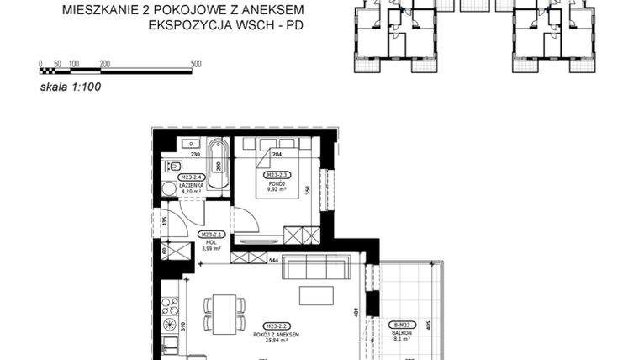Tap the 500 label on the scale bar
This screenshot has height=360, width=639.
click(x=196, y=63)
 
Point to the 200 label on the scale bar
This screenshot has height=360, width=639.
click(x=104, y=63)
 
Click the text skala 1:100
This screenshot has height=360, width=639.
click(x=70, y=85)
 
